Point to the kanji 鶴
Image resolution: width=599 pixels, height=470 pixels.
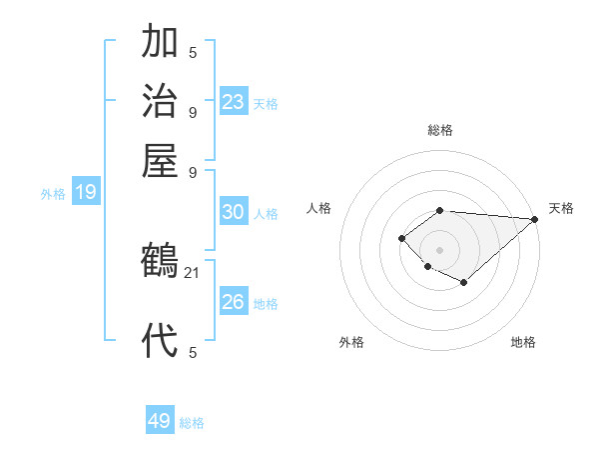click(160, 261)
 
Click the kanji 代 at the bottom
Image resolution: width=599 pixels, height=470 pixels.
click(160, 340)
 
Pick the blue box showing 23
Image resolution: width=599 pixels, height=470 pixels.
click(234, 102)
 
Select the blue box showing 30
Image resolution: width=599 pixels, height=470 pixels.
click(234, 212)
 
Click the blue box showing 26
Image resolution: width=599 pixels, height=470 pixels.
click(234, 302)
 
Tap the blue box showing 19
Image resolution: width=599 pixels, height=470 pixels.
click(86, 193)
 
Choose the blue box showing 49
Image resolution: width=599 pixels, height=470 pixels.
click(160, 421)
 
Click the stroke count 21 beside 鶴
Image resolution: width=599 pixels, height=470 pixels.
click(193, 271)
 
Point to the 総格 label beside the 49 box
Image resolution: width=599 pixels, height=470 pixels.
click(193, 423)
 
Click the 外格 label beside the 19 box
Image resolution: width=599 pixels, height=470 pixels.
click(53, 194)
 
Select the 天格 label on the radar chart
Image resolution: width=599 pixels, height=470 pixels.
click(561, 208)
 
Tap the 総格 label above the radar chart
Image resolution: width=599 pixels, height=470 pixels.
click(439, 130)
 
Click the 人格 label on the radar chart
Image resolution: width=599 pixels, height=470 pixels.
click(318, 208)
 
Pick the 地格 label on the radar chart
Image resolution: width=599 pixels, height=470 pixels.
click(523, 342)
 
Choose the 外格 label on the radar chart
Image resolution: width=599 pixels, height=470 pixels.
click(351, 342)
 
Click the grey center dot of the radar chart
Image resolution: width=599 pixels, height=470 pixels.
click(439, 249)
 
